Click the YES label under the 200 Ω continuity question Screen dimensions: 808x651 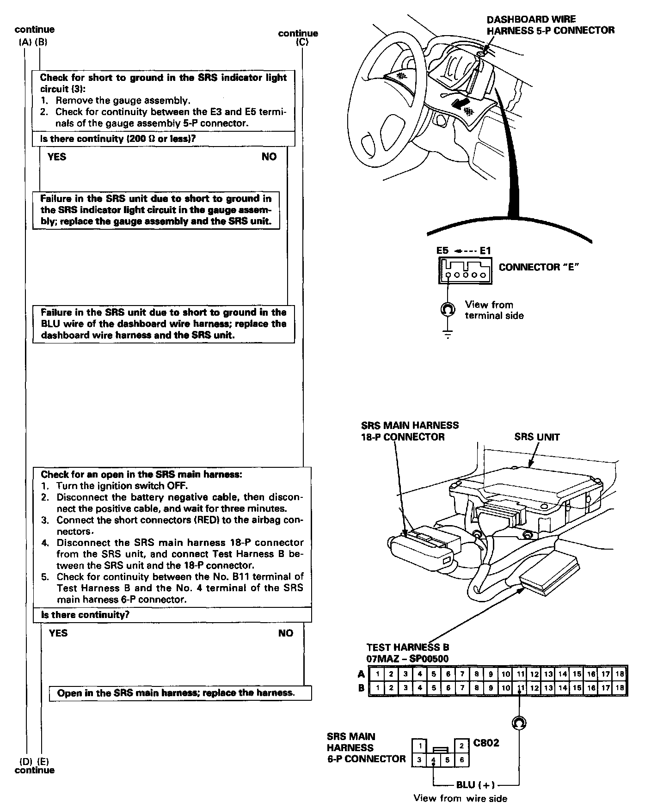coord(57,157)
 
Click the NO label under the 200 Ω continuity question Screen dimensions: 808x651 coord(269,157)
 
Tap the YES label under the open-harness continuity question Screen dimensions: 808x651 coord(58,633)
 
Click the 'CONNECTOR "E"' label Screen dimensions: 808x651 coord(539,267)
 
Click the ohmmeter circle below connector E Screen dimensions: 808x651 coord(448,309)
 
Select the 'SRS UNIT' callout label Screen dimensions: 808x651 coord(537,437)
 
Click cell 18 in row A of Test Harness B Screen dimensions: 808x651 coord(620,674)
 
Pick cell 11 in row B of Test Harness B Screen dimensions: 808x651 coord(520,688)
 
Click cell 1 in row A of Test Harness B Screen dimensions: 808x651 coord(377,674)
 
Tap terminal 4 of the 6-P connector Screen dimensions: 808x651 coord(433,759)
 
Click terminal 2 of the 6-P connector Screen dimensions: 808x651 coord(462,746)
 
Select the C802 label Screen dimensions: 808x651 coord(486,743)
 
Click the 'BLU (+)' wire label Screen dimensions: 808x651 coord(475,784)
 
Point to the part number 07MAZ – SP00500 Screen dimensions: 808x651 coord(407,659)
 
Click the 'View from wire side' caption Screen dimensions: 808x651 coord(460,798)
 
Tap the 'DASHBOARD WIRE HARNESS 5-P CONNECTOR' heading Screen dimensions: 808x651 coord(550,25)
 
